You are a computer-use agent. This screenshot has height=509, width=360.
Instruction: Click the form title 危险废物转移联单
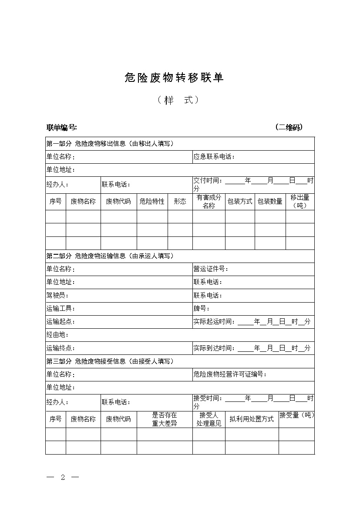coord(174,78)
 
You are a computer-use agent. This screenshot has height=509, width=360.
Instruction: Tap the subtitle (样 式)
coord(178,100)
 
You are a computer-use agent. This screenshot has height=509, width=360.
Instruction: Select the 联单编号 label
coord(62,128)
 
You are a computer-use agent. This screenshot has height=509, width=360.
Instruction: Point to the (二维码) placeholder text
coord(289,127)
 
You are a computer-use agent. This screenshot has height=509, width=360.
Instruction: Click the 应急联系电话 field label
coord(214,157)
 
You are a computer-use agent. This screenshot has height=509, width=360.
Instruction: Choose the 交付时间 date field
coord(253,184)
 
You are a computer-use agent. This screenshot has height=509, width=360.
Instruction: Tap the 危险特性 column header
coord(152,201)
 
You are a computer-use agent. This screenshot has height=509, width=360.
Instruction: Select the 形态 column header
coord(180,201)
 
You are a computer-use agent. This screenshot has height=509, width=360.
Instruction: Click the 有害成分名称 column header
coord(209,201)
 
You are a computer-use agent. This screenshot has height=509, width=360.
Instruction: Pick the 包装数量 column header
coord(270,201)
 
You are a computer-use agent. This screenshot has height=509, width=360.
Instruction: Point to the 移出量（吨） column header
coord(300,201)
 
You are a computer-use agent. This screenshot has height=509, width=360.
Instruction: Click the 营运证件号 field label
coord(211,269)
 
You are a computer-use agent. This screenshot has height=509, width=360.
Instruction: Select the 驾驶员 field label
coord(57,296)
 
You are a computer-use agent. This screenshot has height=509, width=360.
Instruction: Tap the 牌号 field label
coord(202,309)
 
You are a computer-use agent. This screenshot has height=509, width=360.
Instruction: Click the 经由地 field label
coord(57,335)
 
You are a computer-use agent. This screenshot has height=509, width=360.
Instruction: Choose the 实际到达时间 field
coord(252,348)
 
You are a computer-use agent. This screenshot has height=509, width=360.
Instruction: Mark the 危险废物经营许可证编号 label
coord(230,374)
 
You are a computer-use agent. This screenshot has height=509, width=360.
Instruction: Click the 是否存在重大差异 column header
coord(165,419)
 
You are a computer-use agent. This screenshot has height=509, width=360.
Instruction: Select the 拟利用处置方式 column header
coord(252,419)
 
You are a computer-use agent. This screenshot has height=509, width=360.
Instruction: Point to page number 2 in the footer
coord(63,477)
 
